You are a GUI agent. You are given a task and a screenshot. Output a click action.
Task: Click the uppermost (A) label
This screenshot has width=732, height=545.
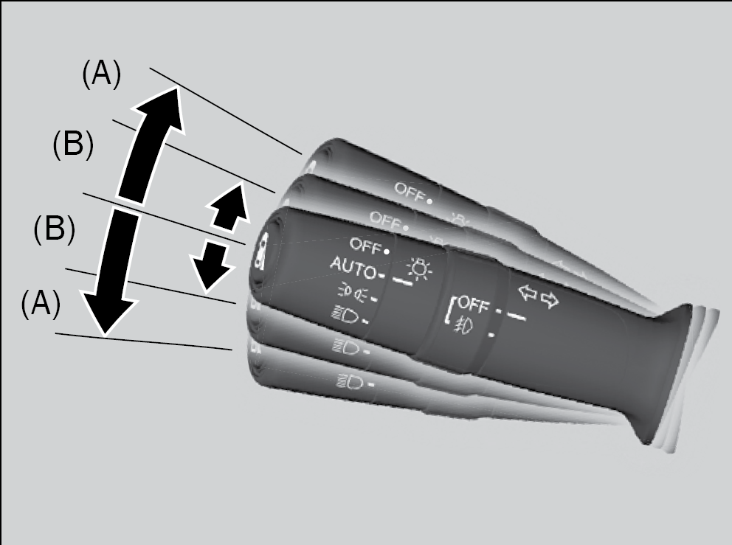(x=101, y=74)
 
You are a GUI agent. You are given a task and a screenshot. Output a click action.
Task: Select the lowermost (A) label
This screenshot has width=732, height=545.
(x=41, y=305)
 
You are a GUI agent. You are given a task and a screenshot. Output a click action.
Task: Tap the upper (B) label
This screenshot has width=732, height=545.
(x=73, y=145)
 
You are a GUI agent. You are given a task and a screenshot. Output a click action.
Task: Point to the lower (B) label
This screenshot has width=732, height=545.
(x=54, y=229)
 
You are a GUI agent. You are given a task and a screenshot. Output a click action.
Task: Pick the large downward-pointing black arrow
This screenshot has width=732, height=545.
(x=112, y=273)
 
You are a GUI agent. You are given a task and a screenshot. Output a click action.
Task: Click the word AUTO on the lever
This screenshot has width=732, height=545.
(x=353, y=268)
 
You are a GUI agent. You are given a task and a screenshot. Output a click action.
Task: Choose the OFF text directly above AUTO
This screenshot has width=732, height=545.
(x=365, y=245)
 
